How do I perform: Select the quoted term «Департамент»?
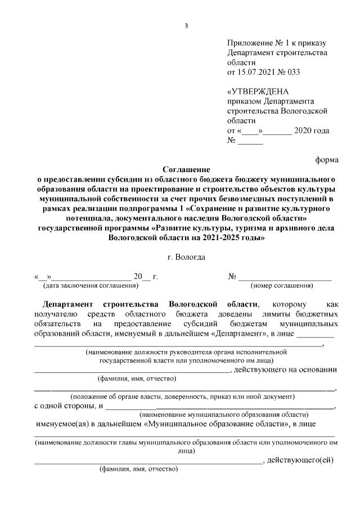coord(237,334)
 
